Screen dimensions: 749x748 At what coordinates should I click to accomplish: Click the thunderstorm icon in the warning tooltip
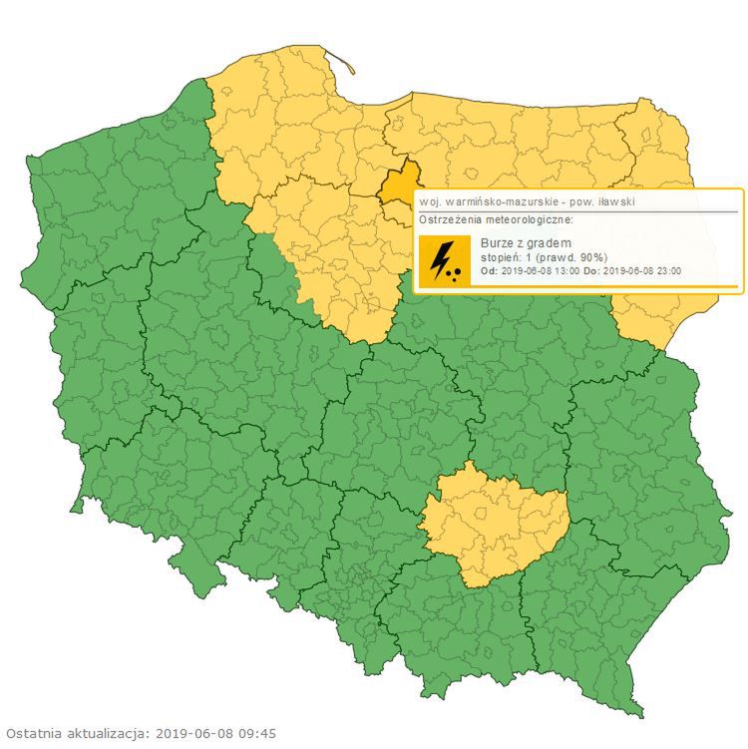coord(445,261)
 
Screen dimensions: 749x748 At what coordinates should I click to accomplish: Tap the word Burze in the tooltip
coord(498,243)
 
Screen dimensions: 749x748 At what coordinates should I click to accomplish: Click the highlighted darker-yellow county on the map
coord(398,182)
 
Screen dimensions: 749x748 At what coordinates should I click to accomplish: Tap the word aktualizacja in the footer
coord(109,733)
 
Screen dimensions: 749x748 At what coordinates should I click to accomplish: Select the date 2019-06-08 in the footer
coord(194,733)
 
